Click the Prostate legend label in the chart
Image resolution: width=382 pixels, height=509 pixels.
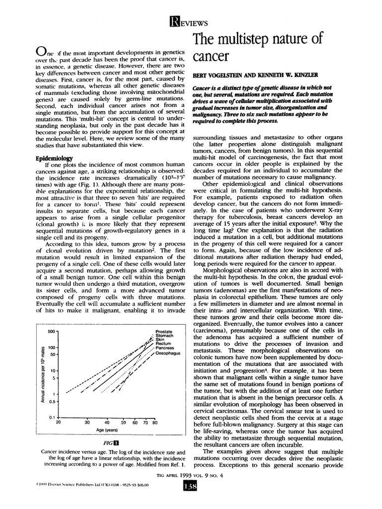[164, 331]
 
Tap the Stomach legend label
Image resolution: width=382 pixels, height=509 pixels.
[164, 336]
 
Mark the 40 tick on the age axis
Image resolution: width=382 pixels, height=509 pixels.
[107, 423]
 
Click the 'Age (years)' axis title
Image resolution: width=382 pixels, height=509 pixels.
[106, 430]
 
